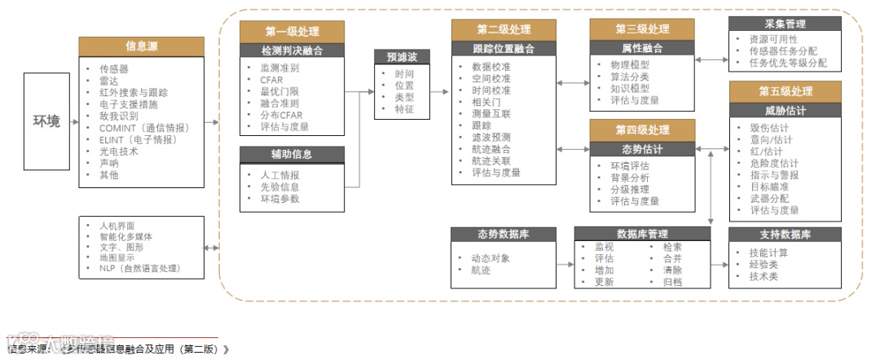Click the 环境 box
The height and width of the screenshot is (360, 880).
46,121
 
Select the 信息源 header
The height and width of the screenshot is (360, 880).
142,46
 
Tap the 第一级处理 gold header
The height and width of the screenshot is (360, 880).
293,32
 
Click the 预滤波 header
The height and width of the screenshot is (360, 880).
402,57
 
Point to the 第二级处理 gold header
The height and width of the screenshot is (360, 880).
504,31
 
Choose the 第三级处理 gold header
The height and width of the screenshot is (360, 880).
642,30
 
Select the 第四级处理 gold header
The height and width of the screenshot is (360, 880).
642,130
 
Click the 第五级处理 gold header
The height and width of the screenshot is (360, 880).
785,91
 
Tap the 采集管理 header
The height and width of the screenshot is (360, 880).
785,24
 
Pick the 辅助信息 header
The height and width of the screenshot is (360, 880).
292,154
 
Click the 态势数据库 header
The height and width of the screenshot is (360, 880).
504,235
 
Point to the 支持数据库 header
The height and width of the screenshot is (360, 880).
785,235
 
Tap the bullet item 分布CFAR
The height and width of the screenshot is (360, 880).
281,115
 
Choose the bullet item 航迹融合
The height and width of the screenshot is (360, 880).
491,149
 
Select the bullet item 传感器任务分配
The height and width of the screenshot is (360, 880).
788,50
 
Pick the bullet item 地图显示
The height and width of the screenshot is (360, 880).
120,257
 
